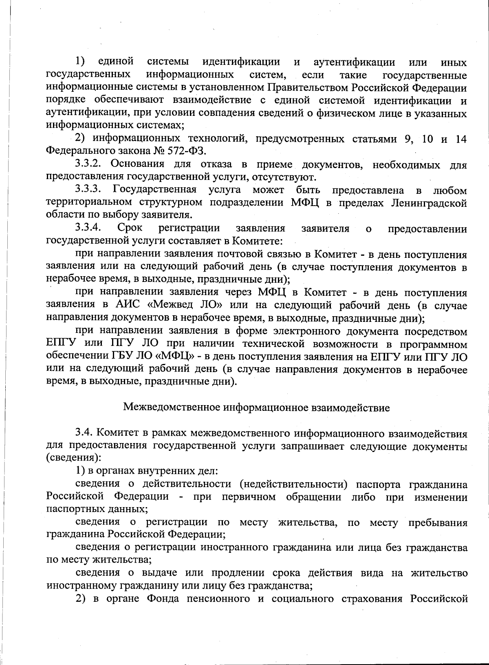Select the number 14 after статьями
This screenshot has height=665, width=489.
click(461, 139)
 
